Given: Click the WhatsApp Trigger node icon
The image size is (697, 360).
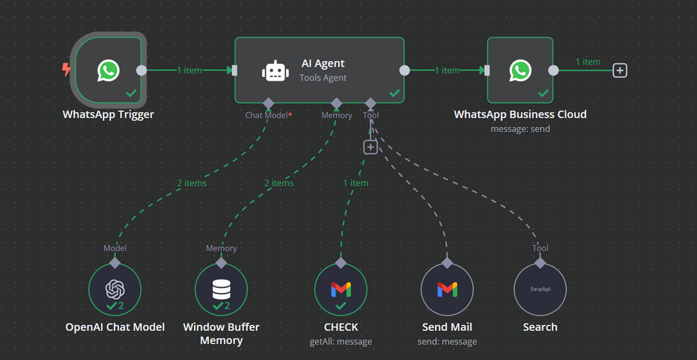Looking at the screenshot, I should point(108,70).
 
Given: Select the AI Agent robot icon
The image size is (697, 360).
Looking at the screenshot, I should point(275,71).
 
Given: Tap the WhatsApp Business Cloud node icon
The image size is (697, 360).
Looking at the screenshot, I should point(520,70).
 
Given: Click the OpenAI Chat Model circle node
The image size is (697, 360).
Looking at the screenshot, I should point(114,289).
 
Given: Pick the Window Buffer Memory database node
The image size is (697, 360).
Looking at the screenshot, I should point(221,289).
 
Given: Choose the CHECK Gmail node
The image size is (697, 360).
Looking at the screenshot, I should point(341,289).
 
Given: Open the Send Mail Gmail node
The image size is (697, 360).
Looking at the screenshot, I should point(447,289).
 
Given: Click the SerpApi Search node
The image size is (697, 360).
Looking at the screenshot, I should point(540,289).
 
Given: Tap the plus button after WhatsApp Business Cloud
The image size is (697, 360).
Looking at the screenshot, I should point(620,70).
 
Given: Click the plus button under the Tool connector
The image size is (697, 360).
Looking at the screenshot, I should point(370,147).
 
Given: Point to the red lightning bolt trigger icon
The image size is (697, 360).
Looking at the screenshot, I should point(67,69).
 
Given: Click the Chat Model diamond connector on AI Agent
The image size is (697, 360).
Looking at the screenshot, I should point(268,103).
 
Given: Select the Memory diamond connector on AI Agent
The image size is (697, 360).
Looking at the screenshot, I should point(336,103).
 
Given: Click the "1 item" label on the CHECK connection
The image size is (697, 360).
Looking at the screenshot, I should point(356,183).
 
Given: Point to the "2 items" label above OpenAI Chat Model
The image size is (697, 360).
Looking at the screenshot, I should point(191,183).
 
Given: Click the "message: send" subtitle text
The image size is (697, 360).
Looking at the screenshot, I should point(520,129).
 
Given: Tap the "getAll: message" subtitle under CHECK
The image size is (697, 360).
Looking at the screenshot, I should point(341,341).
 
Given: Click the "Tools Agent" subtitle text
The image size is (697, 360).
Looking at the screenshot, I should point(322,78).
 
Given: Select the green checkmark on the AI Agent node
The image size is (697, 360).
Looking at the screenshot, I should point(394,93).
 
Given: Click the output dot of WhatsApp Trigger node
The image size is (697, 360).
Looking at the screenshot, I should point(141,70).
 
